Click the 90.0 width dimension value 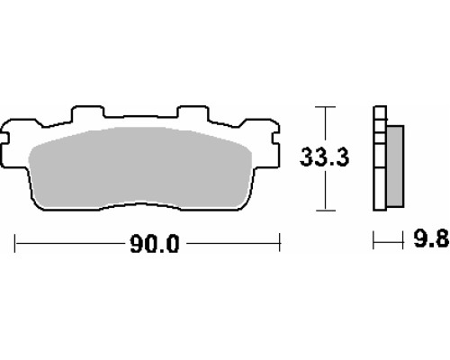tap(155, 244)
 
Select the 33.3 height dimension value tap(325, 157)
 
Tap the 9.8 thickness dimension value tap(431, 239)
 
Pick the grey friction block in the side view tap(395, 166)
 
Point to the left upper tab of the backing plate tap(87, 112)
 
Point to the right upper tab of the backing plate tap(193, 112)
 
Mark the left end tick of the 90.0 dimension tap(15, 243)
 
